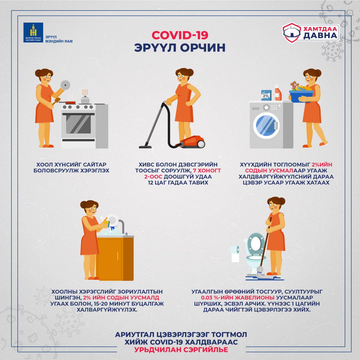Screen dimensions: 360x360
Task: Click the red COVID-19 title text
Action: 180,35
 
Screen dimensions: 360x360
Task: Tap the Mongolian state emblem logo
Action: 33,32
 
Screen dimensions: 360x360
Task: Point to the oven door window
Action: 78,124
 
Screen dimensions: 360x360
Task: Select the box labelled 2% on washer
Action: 266,95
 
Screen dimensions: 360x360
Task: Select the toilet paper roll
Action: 235,253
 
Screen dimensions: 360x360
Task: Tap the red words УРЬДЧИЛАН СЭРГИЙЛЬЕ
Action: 181,349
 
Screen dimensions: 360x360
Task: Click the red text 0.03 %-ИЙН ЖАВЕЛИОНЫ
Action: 238,298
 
